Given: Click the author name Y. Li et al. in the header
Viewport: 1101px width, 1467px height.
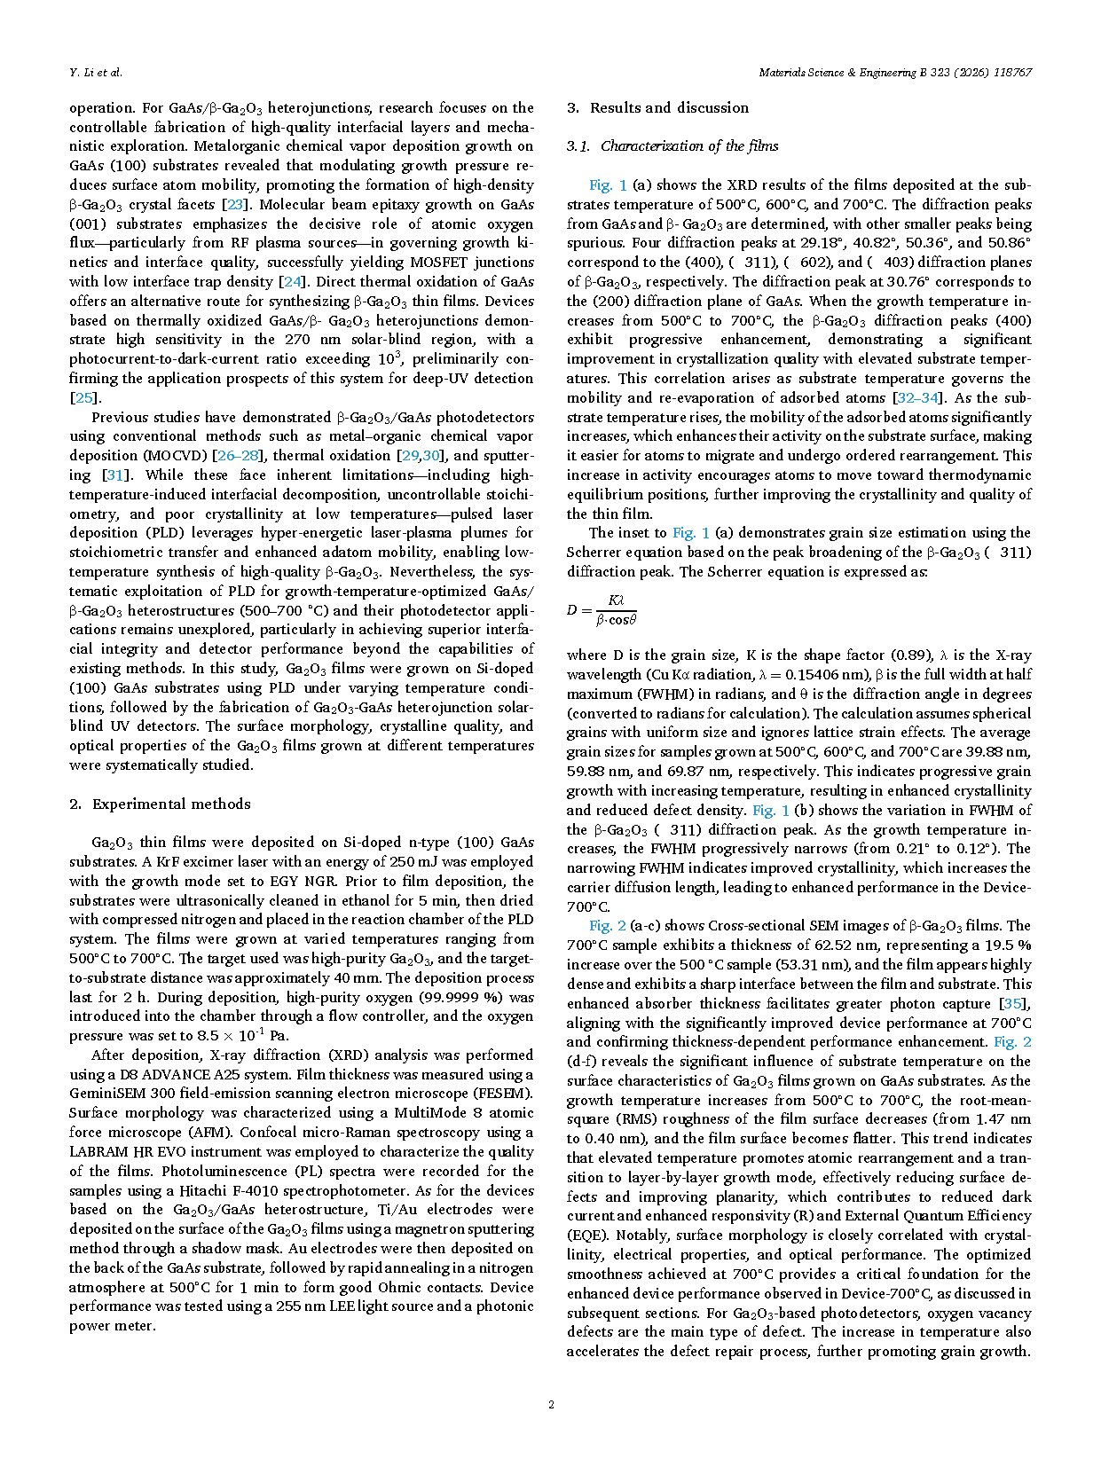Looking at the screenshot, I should point(96,73).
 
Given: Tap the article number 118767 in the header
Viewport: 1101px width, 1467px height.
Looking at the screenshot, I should point(1011,73).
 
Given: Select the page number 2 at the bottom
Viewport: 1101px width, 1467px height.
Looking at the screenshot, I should point(551,1404).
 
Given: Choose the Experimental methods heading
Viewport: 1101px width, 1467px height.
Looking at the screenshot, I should point(171,804).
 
